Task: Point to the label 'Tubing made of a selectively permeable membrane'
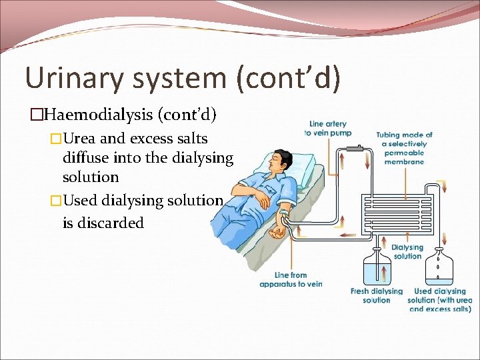tap(404, 148)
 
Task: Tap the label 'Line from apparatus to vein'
tap(291, 279)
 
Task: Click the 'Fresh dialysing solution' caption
tap(377, 295)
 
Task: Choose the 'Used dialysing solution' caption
tap(439, 300)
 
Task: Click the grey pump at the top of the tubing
tap(359, 148)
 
